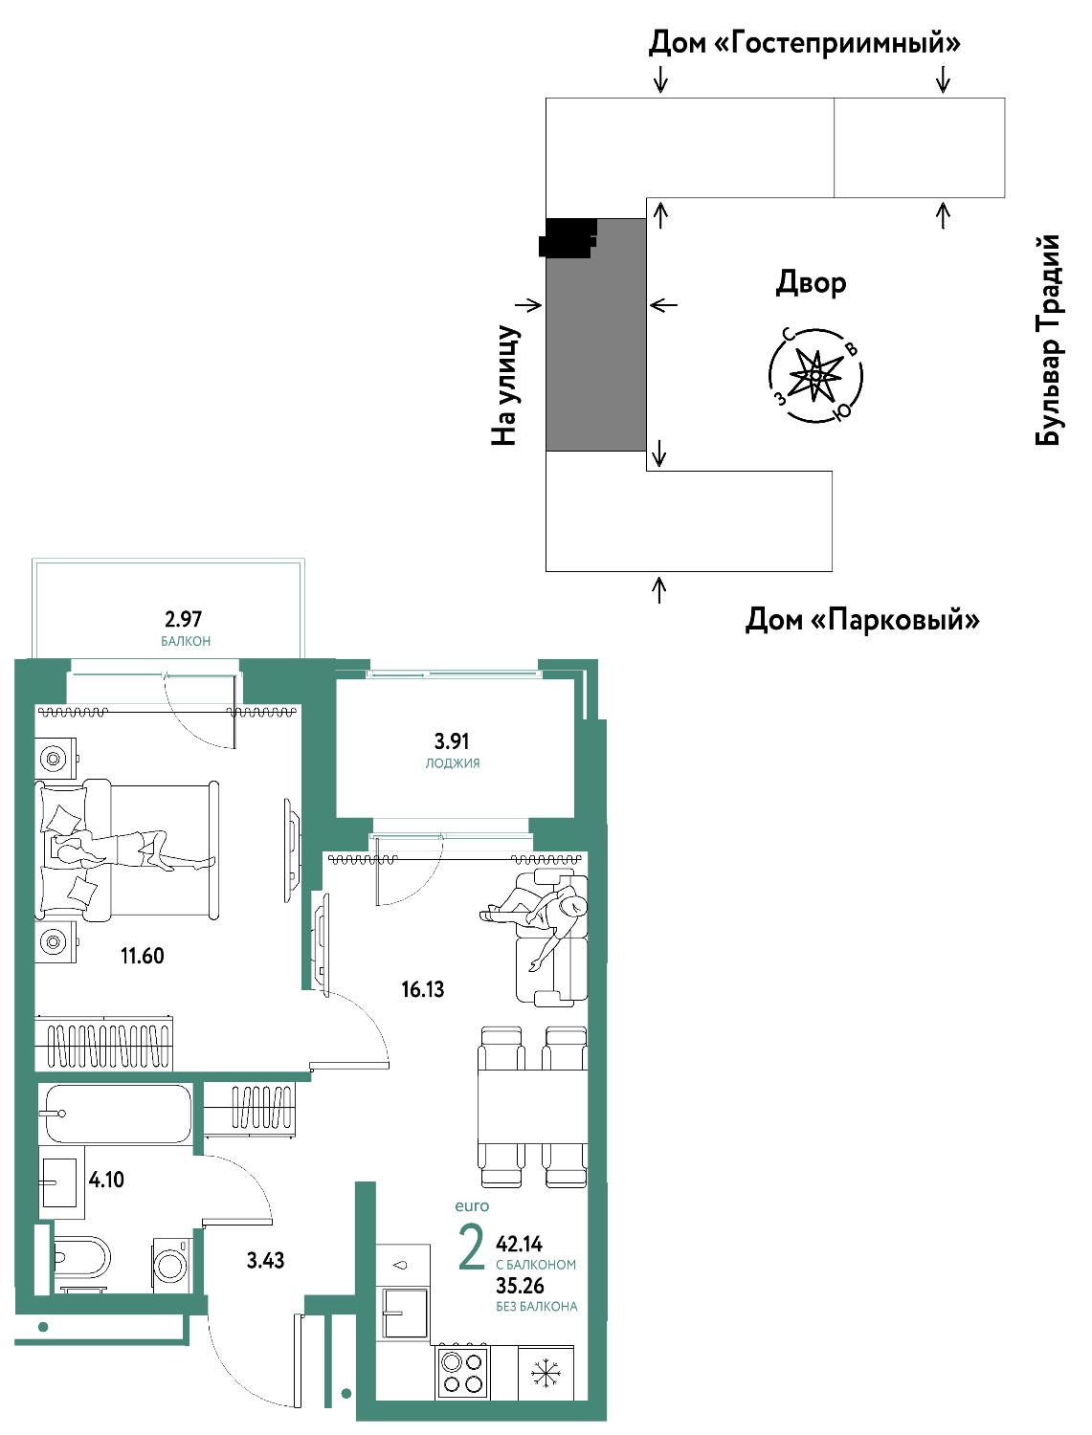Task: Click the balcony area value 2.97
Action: click(183, 618)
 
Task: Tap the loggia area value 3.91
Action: click(452, 740)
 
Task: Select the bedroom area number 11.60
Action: click(142, 956)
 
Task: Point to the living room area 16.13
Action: click(422, 989)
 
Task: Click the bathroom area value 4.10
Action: click(106, 1180)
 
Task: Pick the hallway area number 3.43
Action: click(265, 1261)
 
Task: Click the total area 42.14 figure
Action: click(519, 1244)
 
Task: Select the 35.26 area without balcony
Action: click(520, 1286)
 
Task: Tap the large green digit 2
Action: click(472, 1247)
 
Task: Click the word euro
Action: click(472, 1205)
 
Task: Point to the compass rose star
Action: click(814, 375)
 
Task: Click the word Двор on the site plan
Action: click(811, 283)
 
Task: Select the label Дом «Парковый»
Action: click(862, 619)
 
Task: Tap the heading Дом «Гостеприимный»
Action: click(804, 43)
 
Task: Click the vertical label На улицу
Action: click(504, 386)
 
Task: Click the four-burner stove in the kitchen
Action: click(463, 1374)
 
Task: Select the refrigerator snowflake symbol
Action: click(544, 1373)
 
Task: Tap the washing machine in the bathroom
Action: click(171, 1265)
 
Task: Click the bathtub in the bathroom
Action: click(115, 1114)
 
